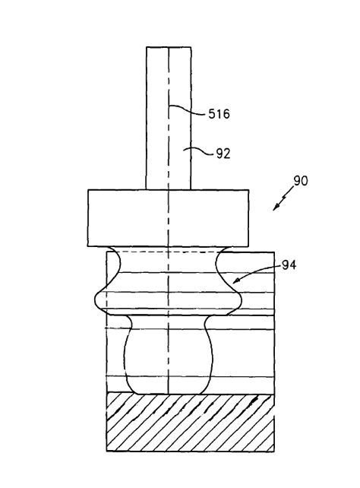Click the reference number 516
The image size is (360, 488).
pos(219,114)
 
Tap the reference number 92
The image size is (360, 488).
pos(223,154)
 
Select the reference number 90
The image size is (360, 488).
pos(301,181)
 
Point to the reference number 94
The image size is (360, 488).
pos(289,265)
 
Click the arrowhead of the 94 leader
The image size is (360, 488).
pos(236,281)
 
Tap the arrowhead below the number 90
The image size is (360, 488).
pos(276,208)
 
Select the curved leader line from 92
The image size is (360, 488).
pos(198,151)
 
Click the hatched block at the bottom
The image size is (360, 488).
pos(191,423)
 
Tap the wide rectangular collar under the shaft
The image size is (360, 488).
pos(168,218)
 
